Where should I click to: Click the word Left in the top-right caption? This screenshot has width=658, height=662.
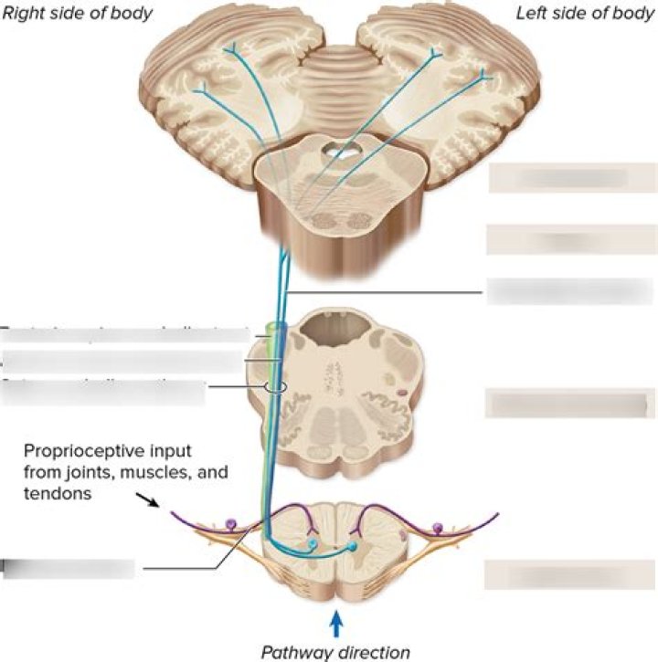(x=536, y=13)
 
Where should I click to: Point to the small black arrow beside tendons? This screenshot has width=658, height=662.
(x=146, y=499)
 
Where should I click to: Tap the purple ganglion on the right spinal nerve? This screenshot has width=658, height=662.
(x=437, y=527)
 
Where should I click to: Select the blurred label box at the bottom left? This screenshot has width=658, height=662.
(x=69, y=569)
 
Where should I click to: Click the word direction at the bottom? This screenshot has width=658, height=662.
(x=376, y=652)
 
